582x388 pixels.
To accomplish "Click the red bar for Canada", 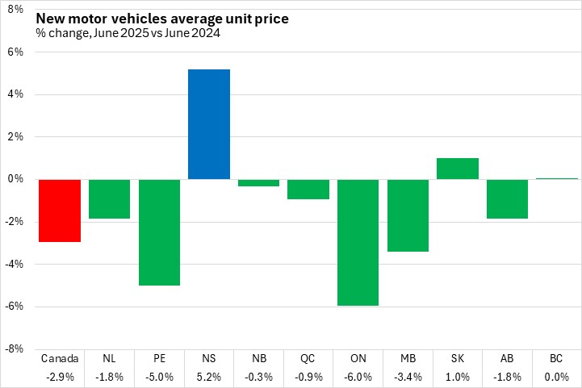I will [60, 210].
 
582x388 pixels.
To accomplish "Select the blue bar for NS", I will [209, 124].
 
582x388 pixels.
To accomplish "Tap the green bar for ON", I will [358, 242].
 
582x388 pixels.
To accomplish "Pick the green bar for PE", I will [159, 232].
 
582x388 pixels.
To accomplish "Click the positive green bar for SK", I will [458, 169].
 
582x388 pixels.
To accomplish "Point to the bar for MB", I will [408, 215].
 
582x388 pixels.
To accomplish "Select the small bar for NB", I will [258, 182].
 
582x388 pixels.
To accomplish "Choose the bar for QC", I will [308, 189].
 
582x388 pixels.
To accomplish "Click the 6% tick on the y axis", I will [17, 52].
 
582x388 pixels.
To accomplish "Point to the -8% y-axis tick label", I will [15, 349].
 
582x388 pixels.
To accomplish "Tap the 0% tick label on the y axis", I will [17, 179].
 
